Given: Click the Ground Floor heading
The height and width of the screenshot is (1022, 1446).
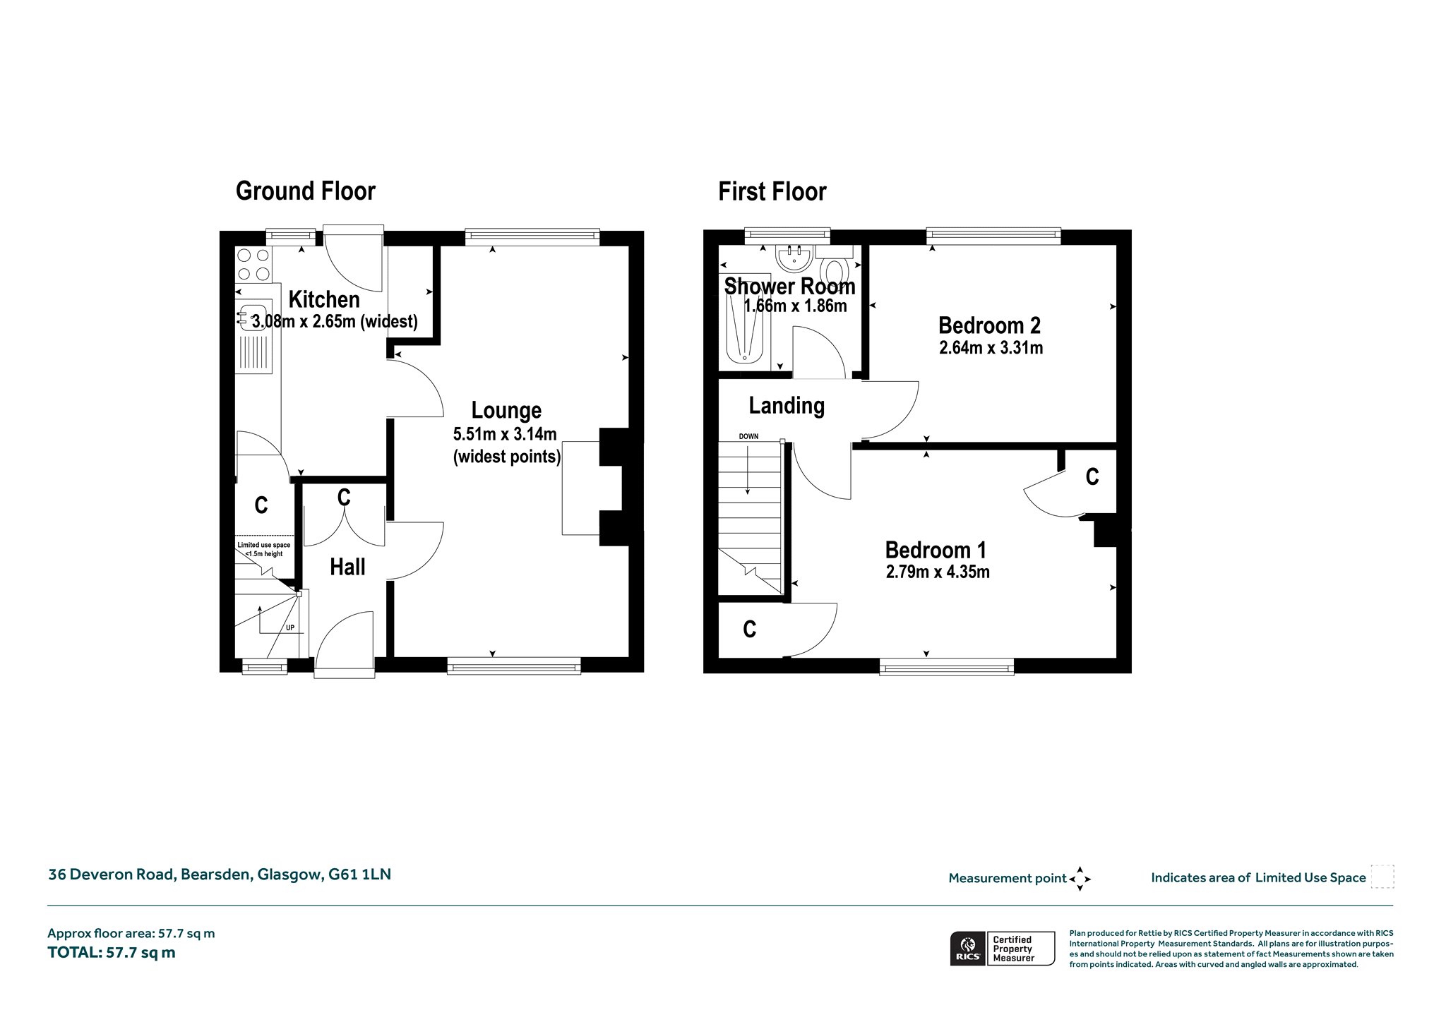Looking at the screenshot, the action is tap(305, 191).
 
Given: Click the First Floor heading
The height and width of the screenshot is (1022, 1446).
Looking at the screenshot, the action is tap(772, 191).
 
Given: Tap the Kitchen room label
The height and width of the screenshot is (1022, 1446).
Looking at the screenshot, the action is tap(324, 299).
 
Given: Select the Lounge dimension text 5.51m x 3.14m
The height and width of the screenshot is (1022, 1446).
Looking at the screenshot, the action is tap(505, 433).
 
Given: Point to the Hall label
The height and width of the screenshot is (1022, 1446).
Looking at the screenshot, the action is tap(347, 567).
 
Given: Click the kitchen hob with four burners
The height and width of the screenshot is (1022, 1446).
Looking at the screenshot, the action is tap(253, 265).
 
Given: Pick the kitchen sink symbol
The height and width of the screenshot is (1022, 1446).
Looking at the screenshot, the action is tap(251, 317).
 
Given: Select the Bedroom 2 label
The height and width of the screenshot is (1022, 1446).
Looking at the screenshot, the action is tap(989, 325).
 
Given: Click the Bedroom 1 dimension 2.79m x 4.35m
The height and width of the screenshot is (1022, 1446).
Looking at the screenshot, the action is tap(938, 572).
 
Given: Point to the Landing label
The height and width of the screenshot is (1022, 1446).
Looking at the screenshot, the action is tap(787, 406).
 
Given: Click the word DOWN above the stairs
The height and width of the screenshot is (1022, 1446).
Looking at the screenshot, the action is tap(748, 436).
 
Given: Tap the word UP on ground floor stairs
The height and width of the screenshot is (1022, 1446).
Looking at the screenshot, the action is tap(289, 627).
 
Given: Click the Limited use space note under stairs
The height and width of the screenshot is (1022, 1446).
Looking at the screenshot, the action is tap(264, 549).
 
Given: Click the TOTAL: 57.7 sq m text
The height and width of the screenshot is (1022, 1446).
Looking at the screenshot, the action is tap(112, 952).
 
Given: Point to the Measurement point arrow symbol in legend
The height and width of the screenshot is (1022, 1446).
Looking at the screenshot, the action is tap(1080, 879).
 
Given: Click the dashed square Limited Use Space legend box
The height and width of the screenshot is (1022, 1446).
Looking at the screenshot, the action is tap(1382, 877).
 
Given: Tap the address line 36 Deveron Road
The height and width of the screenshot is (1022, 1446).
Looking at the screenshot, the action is tap(219, 874).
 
